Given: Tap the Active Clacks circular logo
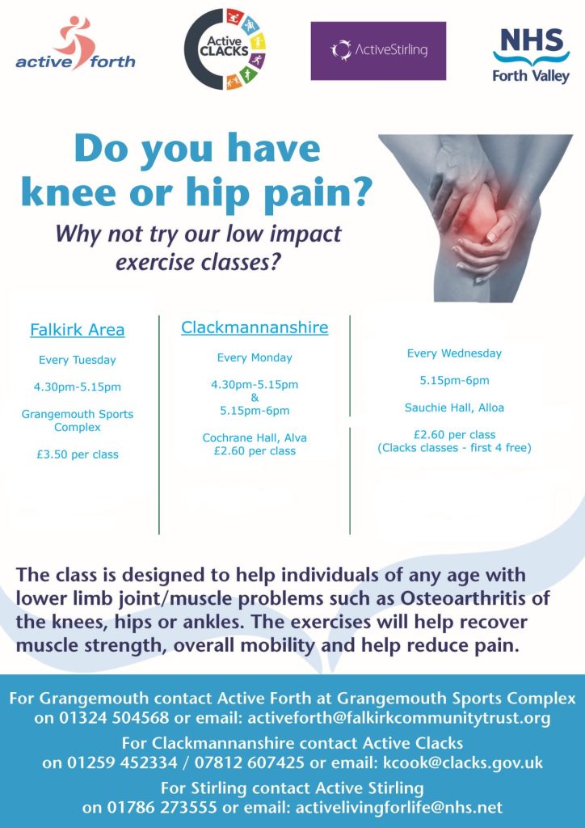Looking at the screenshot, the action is [x=225, y=49].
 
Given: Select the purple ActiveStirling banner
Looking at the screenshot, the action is [x=378, y=51].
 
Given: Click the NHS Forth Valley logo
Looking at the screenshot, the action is [x=531, y=56].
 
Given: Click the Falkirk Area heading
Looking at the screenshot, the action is [x=78, y=330].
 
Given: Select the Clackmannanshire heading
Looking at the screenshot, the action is [x=255, y=327].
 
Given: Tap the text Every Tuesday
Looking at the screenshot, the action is [x=78, y=360].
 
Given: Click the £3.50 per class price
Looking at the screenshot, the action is [x=78, y=454].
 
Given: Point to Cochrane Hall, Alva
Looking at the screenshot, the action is [x=255, y=437].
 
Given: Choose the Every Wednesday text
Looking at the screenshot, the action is [x=454, y=353].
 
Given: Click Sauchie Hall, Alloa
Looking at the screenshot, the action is [x=454, y=408].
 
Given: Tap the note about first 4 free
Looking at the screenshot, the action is [x=454, y=448].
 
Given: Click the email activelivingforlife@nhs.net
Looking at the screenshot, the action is [x=399, y=808].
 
